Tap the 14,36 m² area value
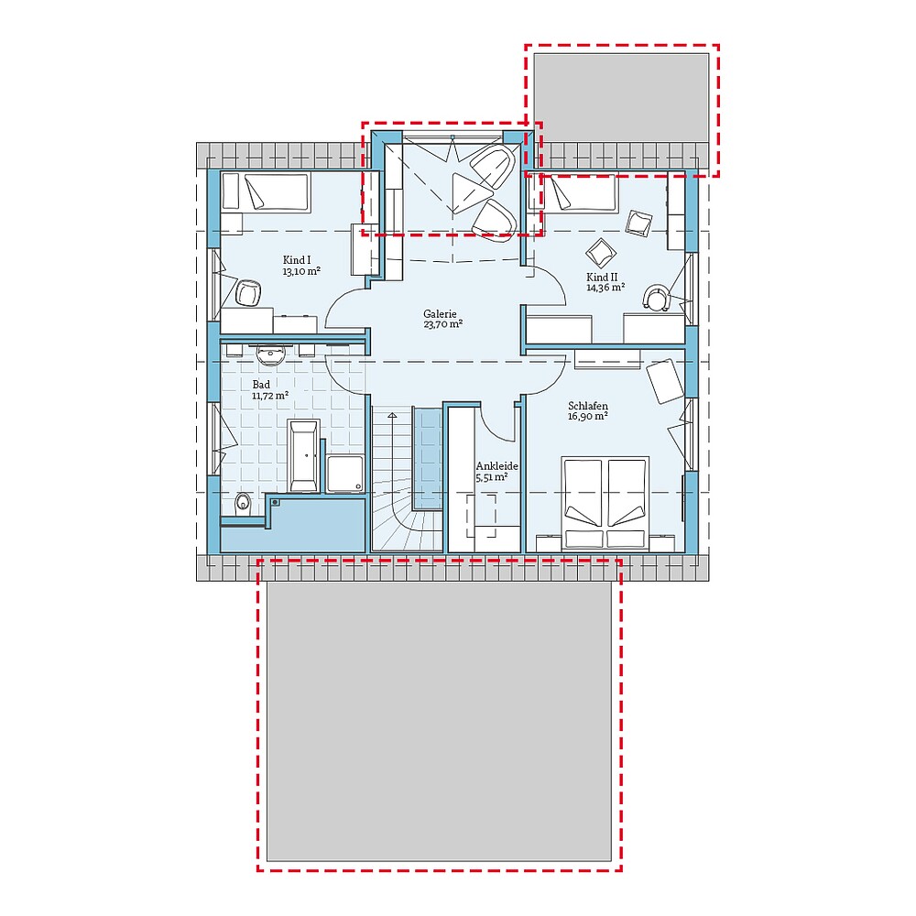pos(605,288)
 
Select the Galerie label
pos(440,312)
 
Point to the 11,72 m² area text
pos(270,396)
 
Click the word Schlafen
pos(587,406)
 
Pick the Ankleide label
pos(496,466)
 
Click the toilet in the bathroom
pos(243,502)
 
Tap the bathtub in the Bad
pos(303,455)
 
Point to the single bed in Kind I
pos(266,191)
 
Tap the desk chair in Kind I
pos(248,293)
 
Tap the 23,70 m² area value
pos(442,324)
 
